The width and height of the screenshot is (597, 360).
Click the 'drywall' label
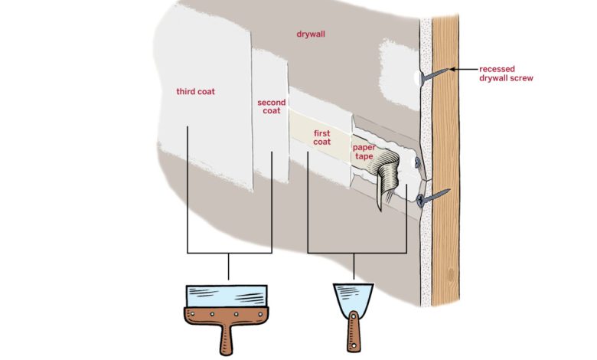[312, 34]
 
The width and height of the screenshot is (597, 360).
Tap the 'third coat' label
[195, 92]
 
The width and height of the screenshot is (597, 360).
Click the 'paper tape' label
[364, 151]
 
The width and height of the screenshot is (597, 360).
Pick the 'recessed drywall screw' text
[511, 74]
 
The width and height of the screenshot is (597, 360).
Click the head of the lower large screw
[422, 200]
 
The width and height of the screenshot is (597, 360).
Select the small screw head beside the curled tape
[414, 163]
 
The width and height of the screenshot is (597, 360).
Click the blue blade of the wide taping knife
[228, 296]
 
